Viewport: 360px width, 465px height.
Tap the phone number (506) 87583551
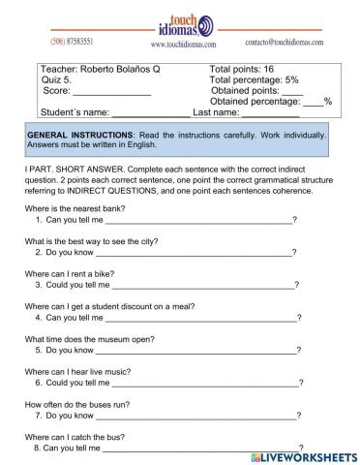(x=72, y=42)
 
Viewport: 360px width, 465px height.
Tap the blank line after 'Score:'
(x=112, y=92)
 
